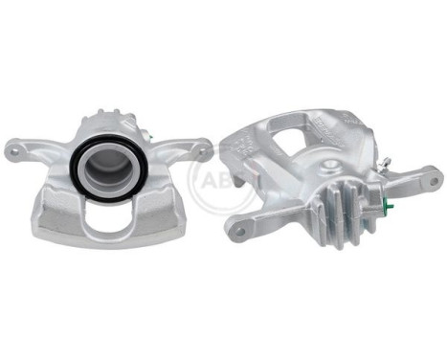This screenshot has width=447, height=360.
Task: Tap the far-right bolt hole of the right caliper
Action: tap(433, 174)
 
